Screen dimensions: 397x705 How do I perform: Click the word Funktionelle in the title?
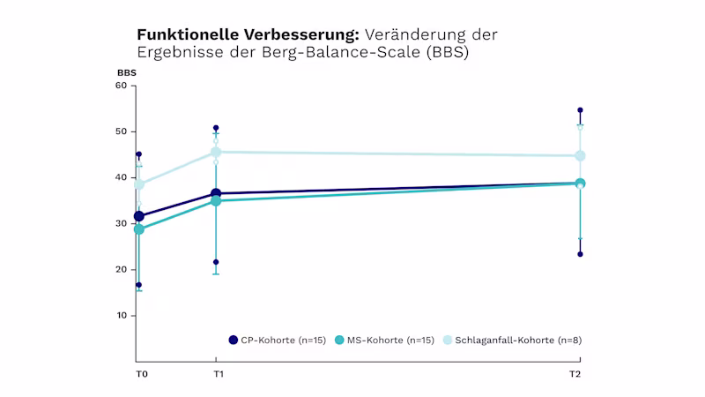(x=181, y=34)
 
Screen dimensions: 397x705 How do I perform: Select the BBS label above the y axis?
(x=127, y=72)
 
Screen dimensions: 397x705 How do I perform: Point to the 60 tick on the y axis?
(x=122, y=86)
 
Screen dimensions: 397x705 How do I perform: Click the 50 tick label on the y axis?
(x=122, y=131)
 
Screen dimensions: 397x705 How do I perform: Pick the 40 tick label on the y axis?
(x=122, y=177)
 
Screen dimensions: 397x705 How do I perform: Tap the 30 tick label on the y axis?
(x=122, y=223)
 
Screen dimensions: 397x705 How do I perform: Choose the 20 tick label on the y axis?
(x=122, y=269)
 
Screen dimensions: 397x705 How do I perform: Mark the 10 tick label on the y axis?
(x=122, y=315)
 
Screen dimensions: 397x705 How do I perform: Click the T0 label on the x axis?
(x=141, y=375)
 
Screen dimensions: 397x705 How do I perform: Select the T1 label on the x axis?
(x=219, y=375)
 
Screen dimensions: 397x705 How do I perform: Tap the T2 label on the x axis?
(x=575, y=375)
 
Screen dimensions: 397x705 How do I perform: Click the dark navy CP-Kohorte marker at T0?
(x=138, y=216)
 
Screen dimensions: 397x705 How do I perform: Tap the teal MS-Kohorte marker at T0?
(x=138, y=229)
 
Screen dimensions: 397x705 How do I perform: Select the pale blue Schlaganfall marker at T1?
(x=216, y=152)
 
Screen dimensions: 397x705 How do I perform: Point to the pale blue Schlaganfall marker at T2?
(x=580, y=156)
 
